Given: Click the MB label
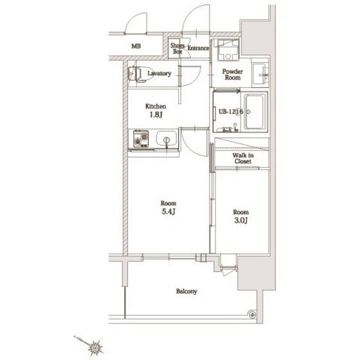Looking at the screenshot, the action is tap(136, 46).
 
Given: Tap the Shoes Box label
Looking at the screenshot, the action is tap(177, 48).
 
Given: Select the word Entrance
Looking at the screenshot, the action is tap(199, 48).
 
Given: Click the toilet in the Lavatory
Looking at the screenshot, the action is tap(141, 74).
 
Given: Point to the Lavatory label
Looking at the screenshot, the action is tap(159, 73).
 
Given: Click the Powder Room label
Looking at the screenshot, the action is tap(233, 75).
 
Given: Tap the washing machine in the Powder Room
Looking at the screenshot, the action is tap(228, 50).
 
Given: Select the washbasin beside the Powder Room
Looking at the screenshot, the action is tap(260, 75).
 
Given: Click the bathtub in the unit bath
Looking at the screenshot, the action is tap(255, 112).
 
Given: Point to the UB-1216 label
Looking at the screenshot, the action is tap(231, 112).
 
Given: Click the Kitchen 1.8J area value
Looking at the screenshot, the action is tap(156, 114).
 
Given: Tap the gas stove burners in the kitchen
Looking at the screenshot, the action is tap(141, 139).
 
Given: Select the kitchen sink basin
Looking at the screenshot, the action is tap(166, 138).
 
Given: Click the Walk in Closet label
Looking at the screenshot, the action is tap(243, 158).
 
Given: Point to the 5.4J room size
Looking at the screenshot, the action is tap(168, 212).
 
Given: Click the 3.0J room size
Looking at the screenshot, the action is tap(241, 221).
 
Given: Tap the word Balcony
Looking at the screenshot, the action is tap(186, 291).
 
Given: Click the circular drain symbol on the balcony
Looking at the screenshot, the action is tap(253, 314).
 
